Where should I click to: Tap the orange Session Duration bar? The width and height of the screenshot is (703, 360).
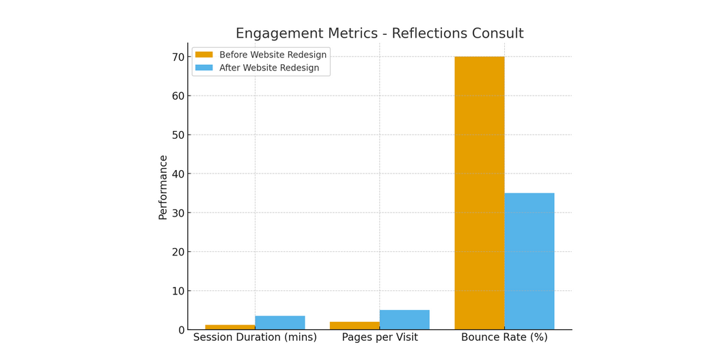(230, 327)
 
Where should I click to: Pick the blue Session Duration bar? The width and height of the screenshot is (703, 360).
(280, 323)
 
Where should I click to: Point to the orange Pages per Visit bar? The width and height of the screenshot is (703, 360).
(355, 326)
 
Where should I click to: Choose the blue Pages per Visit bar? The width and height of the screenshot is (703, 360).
(404, 320)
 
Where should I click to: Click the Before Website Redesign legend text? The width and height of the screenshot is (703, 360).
(273, 55)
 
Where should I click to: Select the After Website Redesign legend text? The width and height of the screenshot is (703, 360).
(268, 68)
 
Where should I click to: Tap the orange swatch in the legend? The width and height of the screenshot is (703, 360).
(204, 55)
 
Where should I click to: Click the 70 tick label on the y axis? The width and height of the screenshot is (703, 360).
(178, 57)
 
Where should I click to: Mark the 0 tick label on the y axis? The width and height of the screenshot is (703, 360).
(181, 330)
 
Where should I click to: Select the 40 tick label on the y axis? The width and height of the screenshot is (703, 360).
(178, 174)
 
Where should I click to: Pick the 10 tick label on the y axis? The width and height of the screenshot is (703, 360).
(178, 291)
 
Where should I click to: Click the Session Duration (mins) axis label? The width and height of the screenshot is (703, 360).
(255, 337)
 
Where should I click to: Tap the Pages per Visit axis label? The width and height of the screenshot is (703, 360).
(380, 337)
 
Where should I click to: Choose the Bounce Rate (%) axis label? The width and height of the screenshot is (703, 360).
(504, 337)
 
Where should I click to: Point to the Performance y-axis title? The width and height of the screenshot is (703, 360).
(163, 187)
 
